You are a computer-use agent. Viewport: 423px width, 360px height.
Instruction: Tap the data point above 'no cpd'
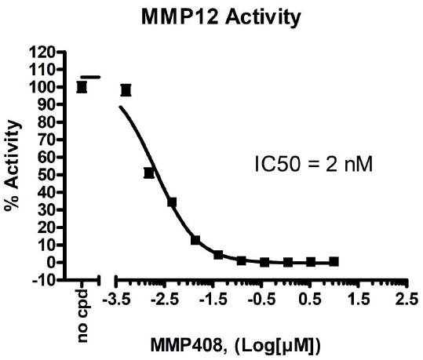(82, 86)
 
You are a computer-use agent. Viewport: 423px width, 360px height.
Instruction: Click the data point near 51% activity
(149, 173)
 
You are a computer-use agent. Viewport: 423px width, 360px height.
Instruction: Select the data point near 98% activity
(126, 90)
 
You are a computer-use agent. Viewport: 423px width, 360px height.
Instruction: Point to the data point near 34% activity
(172, 202)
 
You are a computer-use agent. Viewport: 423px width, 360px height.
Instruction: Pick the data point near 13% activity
(195, 240)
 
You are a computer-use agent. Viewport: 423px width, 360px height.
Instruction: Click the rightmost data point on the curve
(334, 261)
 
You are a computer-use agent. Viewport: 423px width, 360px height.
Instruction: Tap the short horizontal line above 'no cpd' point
(91, 77)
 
